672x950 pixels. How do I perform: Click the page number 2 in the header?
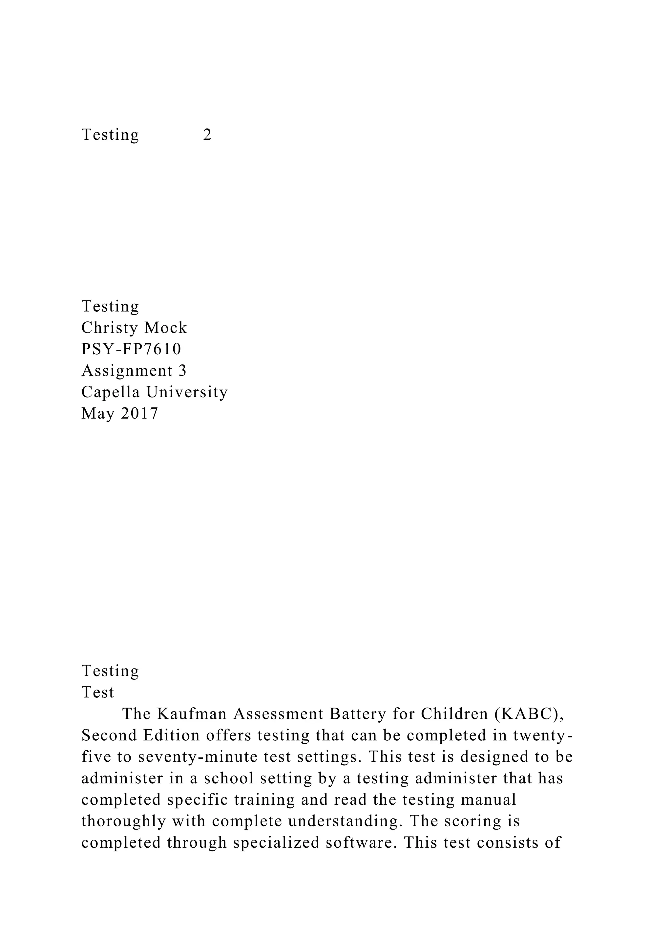207,135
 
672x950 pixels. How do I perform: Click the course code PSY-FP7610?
131,349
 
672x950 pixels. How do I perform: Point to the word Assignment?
127,371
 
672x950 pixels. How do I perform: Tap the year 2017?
139,413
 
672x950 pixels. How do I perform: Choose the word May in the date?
96,413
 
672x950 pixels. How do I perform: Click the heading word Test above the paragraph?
98,692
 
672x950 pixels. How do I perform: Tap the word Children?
449,714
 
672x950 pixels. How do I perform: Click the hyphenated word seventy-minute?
198,757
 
